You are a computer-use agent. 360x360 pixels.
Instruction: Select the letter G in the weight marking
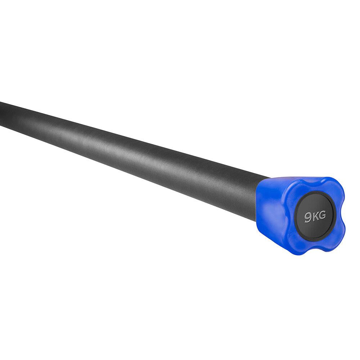pos(322,215)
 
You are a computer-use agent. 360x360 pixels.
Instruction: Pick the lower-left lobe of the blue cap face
pos(296,243)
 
